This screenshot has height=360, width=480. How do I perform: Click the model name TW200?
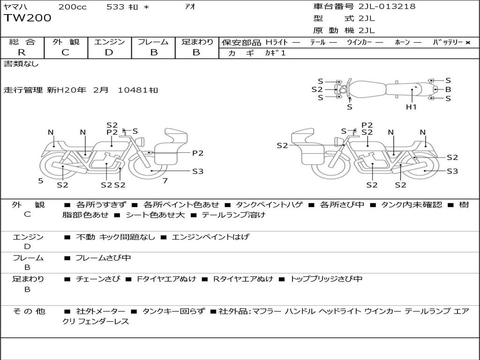[28, 18]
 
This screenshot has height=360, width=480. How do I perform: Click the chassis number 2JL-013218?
[387, 7]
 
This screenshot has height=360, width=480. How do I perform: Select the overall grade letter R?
[22, 52]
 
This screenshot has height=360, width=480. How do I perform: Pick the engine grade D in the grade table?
[109, 52]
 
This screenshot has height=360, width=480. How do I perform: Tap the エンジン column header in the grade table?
[109, 42]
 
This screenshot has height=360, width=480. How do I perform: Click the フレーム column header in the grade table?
[153, 42]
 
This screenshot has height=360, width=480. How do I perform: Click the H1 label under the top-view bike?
[411, 107]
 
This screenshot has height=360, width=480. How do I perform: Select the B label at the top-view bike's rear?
[448, 90]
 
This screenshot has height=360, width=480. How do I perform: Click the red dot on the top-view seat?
[416, 87]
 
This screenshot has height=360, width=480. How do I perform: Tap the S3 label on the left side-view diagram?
[198, 172]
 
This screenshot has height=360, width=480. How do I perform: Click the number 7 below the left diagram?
[165, 180]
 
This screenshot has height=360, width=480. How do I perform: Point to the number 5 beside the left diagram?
[41, 181]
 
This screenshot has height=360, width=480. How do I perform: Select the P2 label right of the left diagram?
[198, 153]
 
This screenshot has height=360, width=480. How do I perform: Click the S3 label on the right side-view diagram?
[452, 171]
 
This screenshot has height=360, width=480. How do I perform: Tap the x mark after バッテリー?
[468, 43]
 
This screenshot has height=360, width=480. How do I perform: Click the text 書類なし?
[21, 64]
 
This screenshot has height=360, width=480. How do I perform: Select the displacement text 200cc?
[73, 7]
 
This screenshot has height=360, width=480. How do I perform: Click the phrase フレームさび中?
[103, 258]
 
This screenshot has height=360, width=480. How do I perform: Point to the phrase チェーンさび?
[98, 279]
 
